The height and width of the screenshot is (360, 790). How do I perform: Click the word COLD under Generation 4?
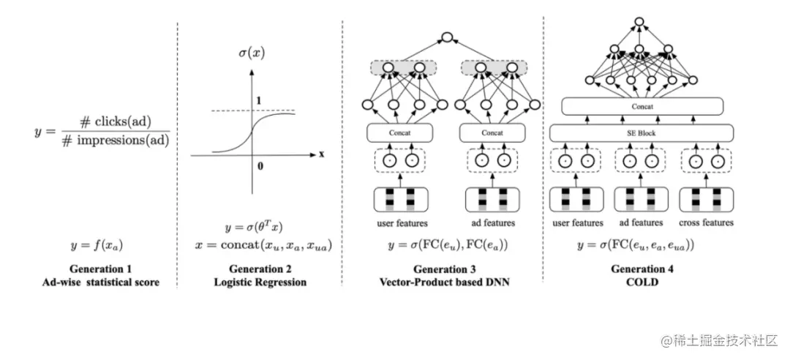[x=642, y=282]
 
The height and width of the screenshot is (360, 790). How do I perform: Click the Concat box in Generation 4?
[x=642, y=107]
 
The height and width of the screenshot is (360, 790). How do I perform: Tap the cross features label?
[x=706, y=222]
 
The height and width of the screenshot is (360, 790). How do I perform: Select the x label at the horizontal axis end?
[x=321, y=154]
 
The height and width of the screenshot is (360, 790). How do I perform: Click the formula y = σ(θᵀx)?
[x=257, y=228]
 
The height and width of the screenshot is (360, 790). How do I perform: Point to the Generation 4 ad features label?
[x=641, y=222]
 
